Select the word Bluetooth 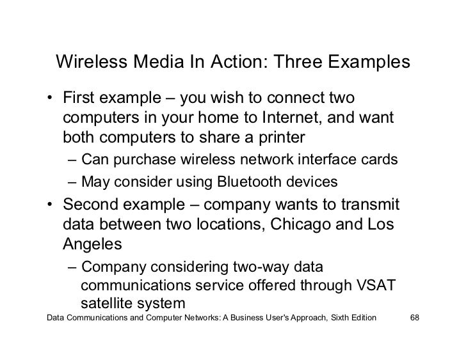click(x=249, y=182)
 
